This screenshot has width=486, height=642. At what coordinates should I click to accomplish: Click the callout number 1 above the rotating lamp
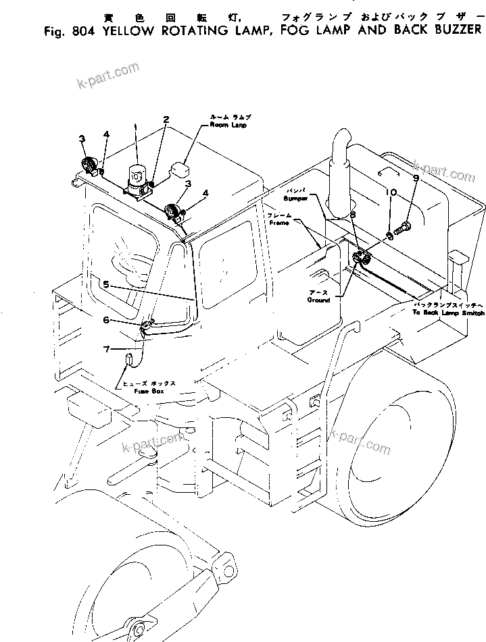tap(136, 126)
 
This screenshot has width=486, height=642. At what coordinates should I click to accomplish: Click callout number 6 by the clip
tap(106, 302)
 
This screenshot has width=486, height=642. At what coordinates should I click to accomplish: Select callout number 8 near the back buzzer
tap(352, 214)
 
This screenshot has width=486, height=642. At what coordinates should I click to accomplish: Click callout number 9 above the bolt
tap(416, 178)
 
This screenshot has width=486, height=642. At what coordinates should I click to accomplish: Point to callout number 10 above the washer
tap(390, 192)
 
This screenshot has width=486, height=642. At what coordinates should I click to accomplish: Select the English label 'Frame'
tap(278, 221)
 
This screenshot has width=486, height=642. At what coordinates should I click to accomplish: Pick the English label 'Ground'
tap(319, 300)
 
